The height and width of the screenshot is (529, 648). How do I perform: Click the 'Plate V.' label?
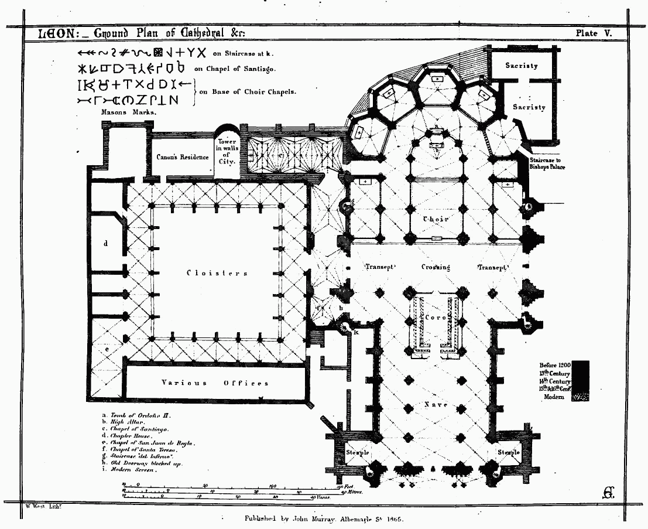pos(593,33)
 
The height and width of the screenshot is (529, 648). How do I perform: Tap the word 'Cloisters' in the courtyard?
pos(217,273)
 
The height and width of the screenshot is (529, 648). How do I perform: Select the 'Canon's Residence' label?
pos(182,157)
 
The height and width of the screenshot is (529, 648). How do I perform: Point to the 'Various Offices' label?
pos(215,383)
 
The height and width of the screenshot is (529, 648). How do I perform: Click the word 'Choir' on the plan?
pos(436,219)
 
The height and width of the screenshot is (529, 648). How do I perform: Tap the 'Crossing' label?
pos(436,267)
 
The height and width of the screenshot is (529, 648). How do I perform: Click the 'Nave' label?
pos(435,405)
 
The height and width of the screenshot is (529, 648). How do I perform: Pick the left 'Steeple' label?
pos(356,453)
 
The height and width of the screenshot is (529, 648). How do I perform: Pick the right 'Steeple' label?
pos(508,453)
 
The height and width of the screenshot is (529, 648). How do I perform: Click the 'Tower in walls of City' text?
pos(227,152)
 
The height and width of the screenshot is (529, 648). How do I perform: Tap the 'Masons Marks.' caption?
pos(129,111)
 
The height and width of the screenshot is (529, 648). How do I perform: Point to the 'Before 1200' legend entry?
pos(554,364)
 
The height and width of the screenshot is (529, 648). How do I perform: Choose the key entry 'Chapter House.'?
pos(131,436)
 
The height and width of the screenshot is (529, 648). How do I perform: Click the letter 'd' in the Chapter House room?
pos(106,243)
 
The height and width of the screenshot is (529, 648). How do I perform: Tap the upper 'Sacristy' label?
pos(522,66)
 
